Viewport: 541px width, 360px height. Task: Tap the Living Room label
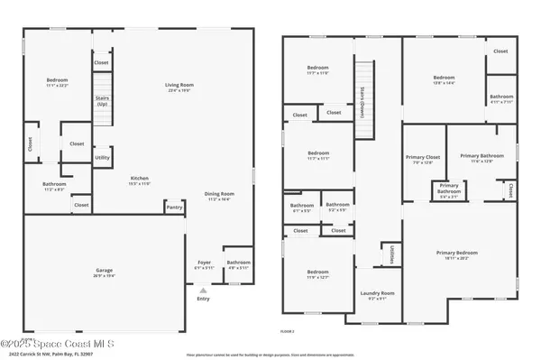[x=173, y=86]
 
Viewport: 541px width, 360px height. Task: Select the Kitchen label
[x=139, y=179]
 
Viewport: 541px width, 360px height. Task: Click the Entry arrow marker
[x=204, y=291]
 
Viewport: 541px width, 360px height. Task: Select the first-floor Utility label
[x=103, y=158]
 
